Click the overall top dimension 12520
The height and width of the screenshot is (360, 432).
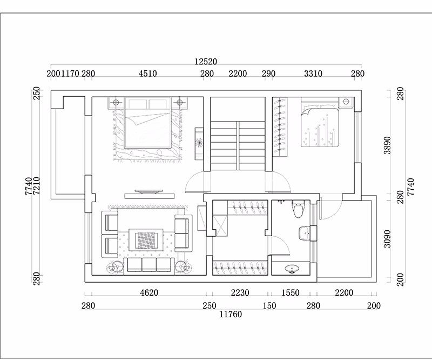206,61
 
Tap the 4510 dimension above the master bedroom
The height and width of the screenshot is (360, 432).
147,74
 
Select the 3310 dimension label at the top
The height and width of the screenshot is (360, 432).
313,74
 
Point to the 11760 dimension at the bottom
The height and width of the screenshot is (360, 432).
231,314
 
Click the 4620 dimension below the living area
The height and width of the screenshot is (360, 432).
149,292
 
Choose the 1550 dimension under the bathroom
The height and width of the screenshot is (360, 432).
291,292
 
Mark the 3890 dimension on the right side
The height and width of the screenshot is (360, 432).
387,145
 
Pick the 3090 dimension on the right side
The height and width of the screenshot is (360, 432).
387,238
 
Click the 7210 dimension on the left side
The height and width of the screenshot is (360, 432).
37,186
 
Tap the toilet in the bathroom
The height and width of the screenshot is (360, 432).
298,209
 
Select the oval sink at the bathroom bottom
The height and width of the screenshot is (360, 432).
292,269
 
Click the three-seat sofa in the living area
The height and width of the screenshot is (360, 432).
149,266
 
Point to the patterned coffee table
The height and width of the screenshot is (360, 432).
146,241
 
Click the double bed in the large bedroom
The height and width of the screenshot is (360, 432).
147,123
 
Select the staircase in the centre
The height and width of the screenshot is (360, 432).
238,145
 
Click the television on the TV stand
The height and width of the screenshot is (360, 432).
148,191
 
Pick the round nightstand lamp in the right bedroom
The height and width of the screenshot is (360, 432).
346,102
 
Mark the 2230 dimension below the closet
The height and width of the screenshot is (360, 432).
240,292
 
